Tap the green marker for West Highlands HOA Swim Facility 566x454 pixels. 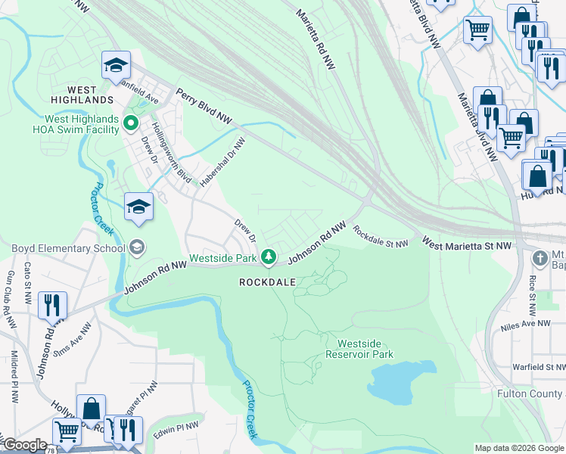131,121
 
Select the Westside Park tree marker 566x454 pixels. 268,258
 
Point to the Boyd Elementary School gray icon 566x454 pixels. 136,247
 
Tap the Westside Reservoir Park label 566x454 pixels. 359,349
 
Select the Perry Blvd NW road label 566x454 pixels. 204,107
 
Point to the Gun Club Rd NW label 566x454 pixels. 10,300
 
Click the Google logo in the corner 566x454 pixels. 25,446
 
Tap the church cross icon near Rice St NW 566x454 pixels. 540,258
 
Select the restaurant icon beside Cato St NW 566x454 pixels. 51,305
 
